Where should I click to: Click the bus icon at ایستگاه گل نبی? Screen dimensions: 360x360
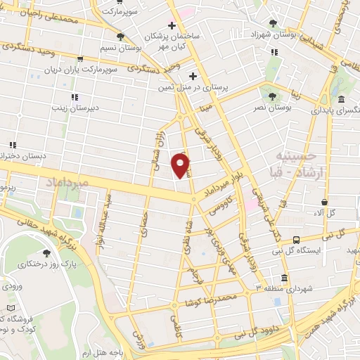coord(297,240)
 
